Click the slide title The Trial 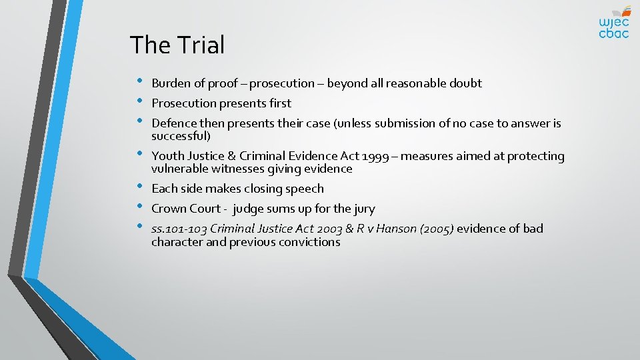tap(177, 45)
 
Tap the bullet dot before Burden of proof tap(138, 82)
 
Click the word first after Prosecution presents tap(278, 103)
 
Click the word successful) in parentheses tap(181, 136)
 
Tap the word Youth tap(167, 156)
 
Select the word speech tap(305, 189)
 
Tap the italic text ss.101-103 tap(179, 229)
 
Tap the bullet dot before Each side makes tap(138, 187)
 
